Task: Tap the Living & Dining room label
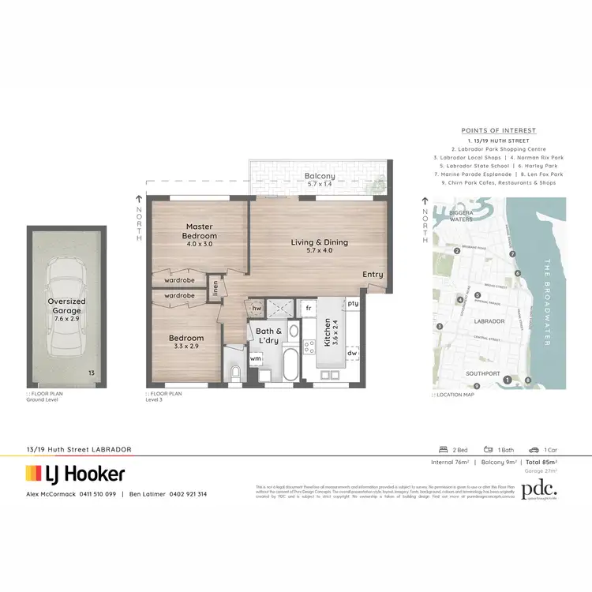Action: pyautogui.click(x=319, y=242)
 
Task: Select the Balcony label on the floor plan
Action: pyautogui.click(x=320, y=176)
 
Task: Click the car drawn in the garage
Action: pyautogui.click(x=66, y=302)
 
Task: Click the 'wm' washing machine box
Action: pyautogui.click(x=256, y=358)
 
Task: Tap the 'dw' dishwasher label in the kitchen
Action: pyautogui.click(x=352, y=353)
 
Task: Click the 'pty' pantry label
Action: pyautogui.click(x=352, y=303)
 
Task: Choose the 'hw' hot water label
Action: pyautogui.click(x=257, y=308)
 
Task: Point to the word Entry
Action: pyautogui.click(x=373, y=275)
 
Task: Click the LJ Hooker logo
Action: pyautogui.click(x=76, y=474)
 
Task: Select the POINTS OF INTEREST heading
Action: pyautogui.click(x=498, y=130)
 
